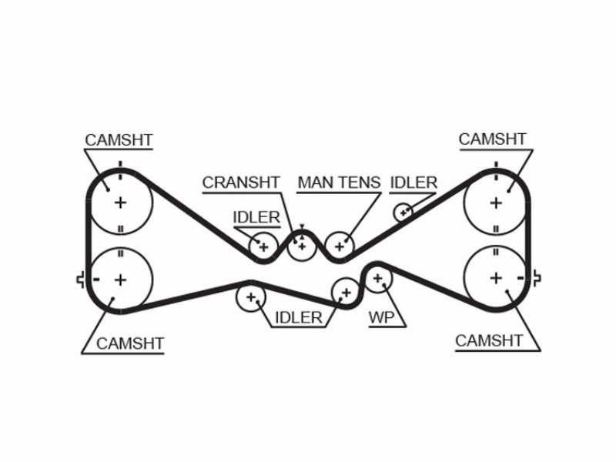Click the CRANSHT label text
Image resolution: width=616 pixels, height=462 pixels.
tap(241, 182)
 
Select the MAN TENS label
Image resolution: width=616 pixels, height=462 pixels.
tap(339, 182)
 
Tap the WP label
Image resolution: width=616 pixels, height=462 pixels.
tap(381, 317)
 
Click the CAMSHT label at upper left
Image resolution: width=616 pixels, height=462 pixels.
tap(119, 140)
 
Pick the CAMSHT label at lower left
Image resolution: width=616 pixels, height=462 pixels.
tap(129, 343)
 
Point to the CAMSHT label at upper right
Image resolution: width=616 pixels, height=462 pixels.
tap(492, 139)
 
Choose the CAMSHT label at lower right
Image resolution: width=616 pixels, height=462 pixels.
tap(489, 340)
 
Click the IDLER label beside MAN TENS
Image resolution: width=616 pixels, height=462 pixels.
tap(413, 182)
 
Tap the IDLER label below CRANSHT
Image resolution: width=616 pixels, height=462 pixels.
tap(256, 217)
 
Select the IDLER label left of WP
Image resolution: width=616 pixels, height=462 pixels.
tap(299, 317)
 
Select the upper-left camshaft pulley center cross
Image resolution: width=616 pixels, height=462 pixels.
tap(120, 203)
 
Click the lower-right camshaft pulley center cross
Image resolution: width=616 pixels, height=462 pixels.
tap(496, 278)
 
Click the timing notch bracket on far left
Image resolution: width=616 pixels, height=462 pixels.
tap(80, 280)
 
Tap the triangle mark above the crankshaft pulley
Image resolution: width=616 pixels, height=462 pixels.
tap(302, 226)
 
